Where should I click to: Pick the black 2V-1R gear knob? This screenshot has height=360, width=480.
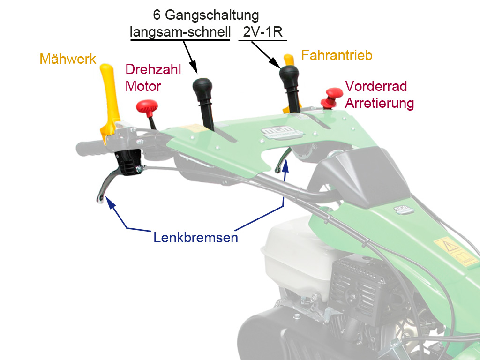pos(289,75)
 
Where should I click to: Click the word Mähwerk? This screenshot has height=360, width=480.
pos(68,59)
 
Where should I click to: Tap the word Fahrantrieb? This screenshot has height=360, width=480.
pos(337,55)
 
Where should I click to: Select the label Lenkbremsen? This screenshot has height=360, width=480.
pos(195,238)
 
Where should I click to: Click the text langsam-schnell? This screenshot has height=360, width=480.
pos(180,32)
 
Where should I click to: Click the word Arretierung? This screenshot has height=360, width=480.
pos(379,103)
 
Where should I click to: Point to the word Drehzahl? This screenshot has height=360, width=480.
pos(153,70)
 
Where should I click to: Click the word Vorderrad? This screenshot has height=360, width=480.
pos(376,86)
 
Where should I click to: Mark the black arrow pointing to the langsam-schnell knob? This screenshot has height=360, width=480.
pos(190,58)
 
